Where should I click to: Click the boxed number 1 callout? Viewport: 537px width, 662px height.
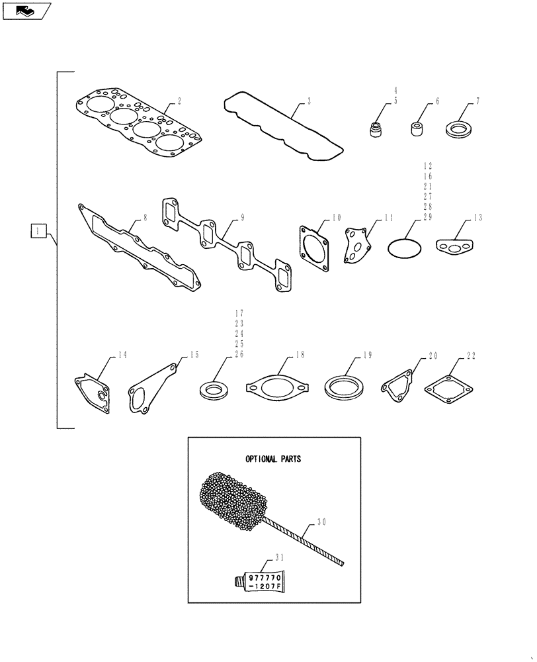point(38,231)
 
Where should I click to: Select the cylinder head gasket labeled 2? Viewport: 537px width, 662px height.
point(139,125)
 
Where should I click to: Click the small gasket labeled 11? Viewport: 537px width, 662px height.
point(358,246)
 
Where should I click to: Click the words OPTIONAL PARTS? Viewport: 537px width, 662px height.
point(272,459)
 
